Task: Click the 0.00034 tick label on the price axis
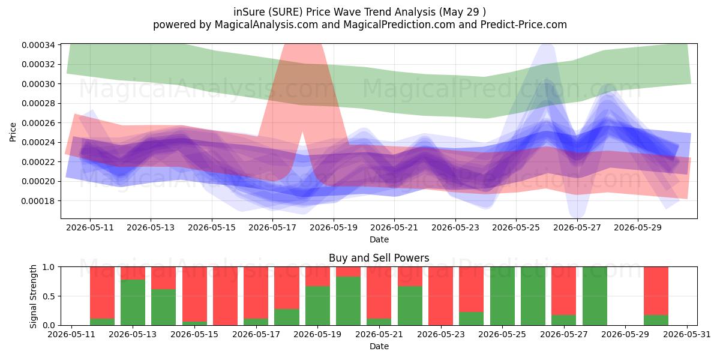38,45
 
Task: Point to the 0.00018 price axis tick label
38,201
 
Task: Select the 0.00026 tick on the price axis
38,123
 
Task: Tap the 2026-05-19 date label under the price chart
334,228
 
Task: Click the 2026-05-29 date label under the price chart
638,228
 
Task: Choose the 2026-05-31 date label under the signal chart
687,335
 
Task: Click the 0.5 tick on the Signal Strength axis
49,296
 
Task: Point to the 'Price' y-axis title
13,132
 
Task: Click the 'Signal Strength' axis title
33,296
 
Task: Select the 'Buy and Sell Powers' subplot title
379,258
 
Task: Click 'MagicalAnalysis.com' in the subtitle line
266,25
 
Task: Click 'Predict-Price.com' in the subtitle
524,25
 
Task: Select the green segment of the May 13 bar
133,302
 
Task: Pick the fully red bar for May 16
226,296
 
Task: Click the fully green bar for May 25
502,296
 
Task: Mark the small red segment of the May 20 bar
349,272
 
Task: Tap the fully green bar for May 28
595,296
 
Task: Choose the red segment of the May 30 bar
656,291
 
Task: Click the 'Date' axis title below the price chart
379,240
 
